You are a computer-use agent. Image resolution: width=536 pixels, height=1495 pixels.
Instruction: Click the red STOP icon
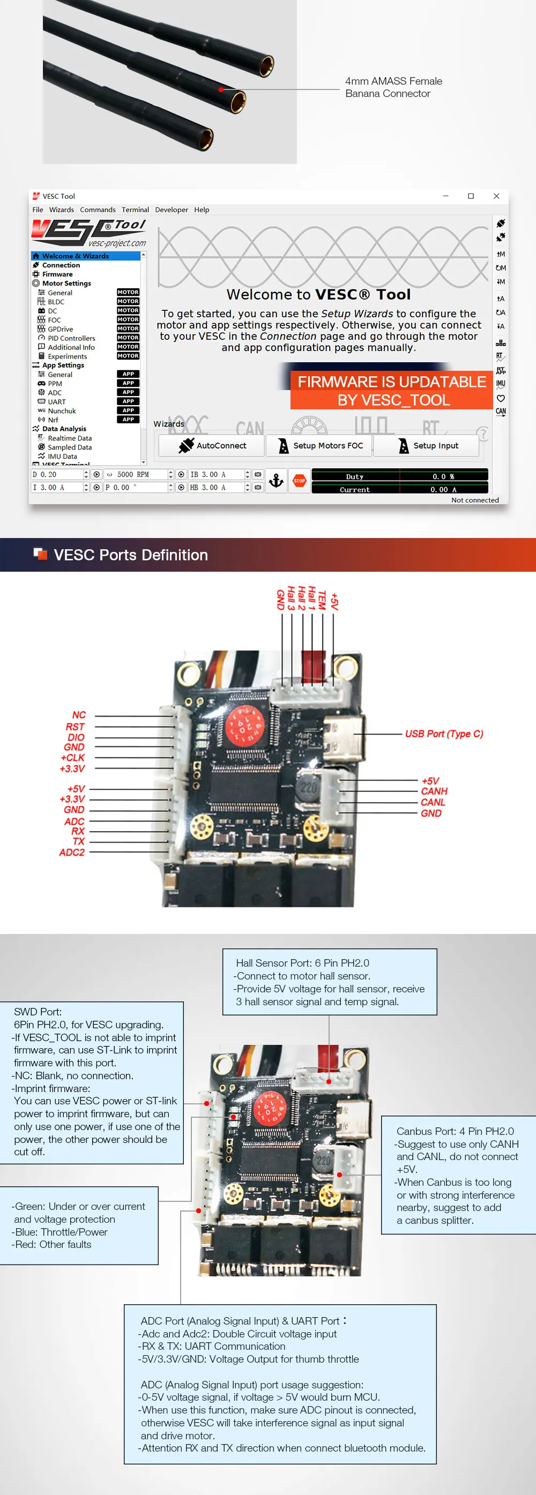point(300,481)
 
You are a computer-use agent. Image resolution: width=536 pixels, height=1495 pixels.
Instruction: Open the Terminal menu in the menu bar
point(135,210)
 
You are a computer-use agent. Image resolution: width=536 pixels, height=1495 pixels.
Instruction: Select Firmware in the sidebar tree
point(57,274)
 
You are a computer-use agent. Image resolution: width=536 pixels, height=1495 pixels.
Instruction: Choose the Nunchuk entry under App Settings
point(62,411)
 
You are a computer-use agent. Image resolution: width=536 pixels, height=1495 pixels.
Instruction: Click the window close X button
point(496,196)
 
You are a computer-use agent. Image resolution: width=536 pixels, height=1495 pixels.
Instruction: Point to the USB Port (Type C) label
point(444,734)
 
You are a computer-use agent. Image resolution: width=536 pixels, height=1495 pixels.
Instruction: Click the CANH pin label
point(434,791)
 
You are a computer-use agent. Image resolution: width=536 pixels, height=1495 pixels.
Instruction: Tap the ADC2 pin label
point(71,852)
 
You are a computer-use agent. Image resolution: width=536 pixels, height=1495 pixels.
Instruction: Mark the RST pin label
point(75,727)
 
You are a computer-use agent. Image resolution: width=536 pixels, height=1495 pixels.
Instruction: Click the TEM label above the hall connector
point(322,600)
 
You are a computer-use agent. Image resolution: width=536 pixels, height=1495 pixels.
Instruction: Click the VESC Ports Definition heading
point(131,555)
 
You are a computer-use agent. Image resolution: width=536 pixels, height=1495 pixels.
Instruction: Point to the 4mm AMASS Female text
point(393,81)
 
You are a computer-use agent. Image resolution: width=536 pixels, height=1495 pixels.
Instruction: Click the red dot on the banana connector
point(221,89)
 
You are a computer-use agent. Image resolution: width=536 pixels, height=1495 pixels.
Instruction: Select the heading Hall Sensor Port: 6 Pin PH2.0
point(302,963)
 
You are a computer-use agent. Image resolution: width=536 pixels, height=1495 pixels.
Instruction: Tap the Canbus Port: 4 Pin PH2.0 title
point(455,1131)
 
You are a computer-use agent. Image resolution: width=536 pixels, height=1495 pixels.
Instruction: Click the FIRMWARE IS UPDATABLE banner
point(392,391)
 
